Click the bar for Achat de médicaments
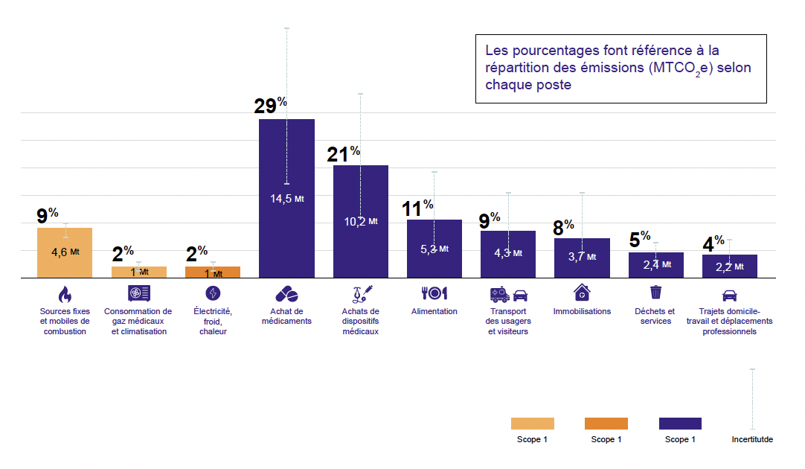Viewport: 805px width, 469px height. (286, 223)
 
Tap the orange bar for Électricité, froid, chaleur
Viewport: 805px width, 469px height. (212, 272)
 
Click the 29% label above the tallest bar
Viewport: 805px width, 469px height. (270, 106)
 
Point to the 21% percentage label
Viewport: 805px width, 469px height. (343, 153)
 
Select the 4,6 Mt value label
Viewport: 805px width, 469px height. (65, 252)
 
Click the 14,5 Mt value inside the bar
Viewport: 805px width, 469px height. (286, 199)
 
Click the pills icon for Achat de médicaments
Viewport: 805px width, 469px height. (286, 293)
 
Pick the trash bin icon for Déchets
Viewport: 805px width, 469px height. (655, 292)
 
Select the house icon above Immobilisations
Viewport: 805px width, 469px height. (581, 292)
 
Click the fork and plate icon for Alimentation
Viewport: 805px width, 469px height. (434, 293)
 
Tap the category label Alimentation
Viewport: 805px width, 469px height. (434, 311)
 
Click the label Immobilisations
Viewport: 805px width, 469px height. (581, 311)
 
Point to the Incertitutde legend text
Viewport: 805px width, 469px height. (752, 439)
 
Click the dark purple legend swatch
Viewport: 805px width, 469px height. (680, 423)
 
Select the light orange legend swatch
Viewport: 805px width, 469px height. (532, 423)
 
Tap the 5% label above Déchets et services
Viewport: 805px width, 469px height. (639, 239)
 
